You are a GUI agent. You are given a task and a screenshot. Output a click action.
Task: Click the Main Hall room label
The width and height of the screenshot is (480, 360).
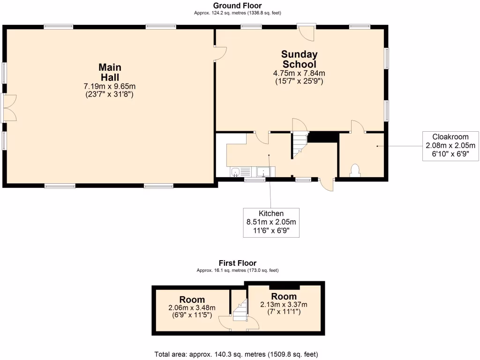pyautogui.click(x=110, y=72)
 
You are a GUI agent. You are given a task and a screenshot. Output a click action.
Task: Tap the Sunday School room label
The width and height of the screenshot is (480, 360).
pyautogui.click(x=299, y=60)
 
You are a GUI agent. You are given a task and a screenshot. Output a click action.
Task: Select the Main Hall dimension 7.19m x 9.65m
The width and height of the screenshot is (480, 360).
pyautogui.click(x=110, y=86)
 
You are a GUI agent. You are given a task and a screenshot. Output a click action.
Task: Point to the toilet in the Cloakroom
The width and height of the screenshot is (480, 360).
pyautogui.click(x=355, y=170)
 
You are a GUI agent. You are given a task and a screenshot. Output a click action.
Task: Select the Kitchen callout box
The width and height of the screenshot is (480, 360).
pyautogui.click(x=271, y=222)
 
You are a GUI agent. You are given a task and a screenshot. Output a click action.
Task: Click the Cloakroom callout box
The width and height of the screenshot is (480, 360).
pyautogui.click(x=450, y=145)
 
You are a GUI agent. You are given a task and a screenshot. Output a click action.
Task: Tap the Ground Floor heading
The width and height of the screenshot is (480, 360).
pyautogui.click(x=238, y=6)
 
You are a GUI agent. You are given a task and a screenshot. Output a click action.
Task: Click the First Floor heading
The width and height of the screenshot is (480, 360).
pyautogui.click(x=238, y=263)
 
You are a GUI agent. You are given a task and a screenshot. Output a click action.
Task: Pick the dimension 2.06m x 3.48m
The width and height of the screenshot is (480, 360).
pyautogui.click(x=192, y=308)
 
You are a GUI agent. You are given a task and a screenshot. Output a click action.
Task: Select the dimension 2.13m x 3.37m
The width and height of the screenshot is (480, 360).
pyautogui.click(x=284, y=305)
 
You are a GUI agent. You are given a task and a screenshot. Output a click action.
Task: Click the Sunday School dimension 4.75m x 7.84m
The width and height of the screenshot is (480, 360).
pyautogui.click(x=299, y=73)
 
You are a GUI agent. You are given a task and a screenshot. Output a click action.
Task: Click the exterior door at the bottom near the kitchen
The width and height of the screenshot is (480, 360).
pyautogui.click(x=327, y=184)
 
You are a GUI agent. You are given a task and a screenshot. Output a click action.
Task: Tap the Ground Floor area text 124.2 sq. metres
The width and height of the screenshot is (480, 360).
pyautogui.click(x=238, y=13)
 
